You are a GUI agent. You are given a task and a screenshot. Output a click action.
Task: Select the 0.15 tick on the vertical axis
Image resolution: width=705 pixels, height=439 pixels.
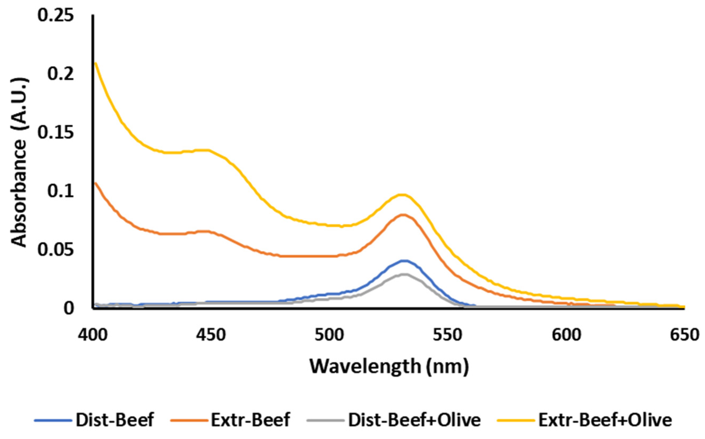(55, 133)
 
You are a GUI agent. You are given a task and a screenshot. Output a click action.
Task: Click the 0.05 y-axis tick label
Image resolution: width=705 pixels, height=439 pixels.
(55, 250)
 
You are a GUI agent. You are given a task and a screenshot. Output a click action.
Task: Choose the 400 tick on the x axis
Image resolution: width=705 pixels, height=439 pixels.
(93, 335)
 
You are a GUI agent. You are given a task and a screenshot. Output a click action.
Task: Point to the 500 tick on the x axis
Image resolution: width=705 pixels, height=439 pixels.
(330, 335)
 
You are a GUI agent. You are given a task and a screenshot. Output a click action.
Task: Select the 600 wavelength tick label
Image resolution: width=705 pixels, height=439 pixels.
(566, 335)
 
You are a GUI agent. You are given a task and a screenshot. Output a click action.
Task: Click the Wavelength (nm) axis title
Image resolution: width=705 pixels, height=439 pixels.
(389, 366)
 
